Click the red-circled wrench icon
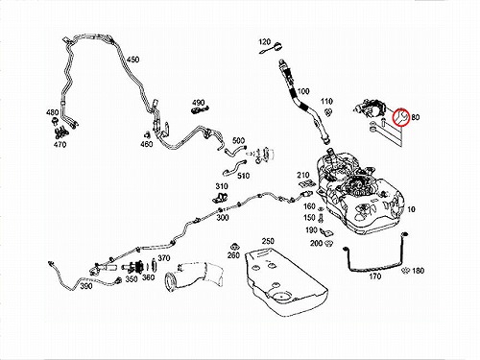pyautogui.click(x=400, y=117)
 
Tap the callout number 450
pyautogui.click(x=132, y=60)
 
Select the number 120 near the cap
pyautogui.click(x=265, y=42)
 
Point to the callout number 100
pyautogui.click(x=303, y=91)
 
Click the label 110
pyautogui.click(x=326, y=102)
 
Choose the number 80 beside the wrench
pyautogui.click(x=415, y=117)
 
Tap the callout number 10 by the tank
pyautogui.click(x=411, y=209)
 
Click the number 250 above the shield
pyautogui.click(x=268, y=241)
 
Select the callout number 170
pyautogui.click(x=375, y=276)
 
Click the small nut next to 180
pyautogui.click(x=405, y=271)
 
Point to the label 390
pyautogui.click(x=86, y=286)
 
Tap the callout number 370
pyautogui.click(x=164, y=258)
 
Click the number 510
pyautogui.click(x=243, y=176)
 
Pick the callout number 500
pyautogui.click(x=238, y=140)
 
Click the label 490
pyautogui.click(x=198, y=103)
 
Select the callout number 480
pyautogui.click(x=53, y=112)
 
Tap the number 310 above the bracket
pyautogui.click(x=222, y=186)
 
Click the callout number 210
pyautogui.click(x=302, y=175)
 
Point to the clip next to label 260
pyautogui.click(x=235, y=247)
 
